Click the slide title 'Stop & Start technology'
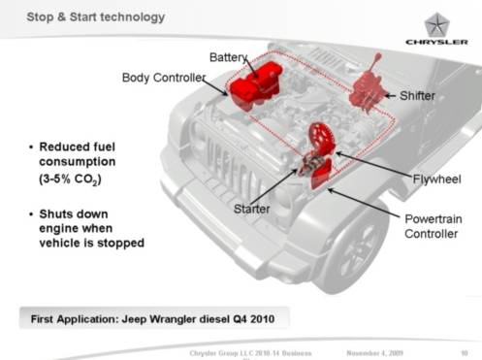(96, 17)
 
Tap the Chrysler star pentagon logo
(436, 25)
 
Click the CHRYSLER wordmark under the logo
(436, 42)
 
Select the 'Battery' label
(229, 57)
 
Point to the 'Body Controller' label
(164, 78)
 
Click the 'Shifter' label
(417, 96)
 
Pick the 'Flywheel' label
(436, 179)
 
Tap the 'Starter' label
(251, 209)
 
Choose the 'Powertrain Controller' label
(434, 226)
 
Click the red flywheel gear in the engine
(320, 138)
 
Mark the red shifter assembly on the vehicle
(368, 85)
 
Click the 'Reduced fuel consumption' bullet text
(77, 154)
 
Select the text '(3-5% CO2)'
(70, 180)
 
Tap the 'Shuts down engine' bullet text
(91, 228)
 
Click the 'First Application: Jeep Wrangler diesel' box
(154, 318)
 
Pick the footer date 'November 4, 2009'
(374, 353)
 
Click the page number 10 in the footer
(465, 353)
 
